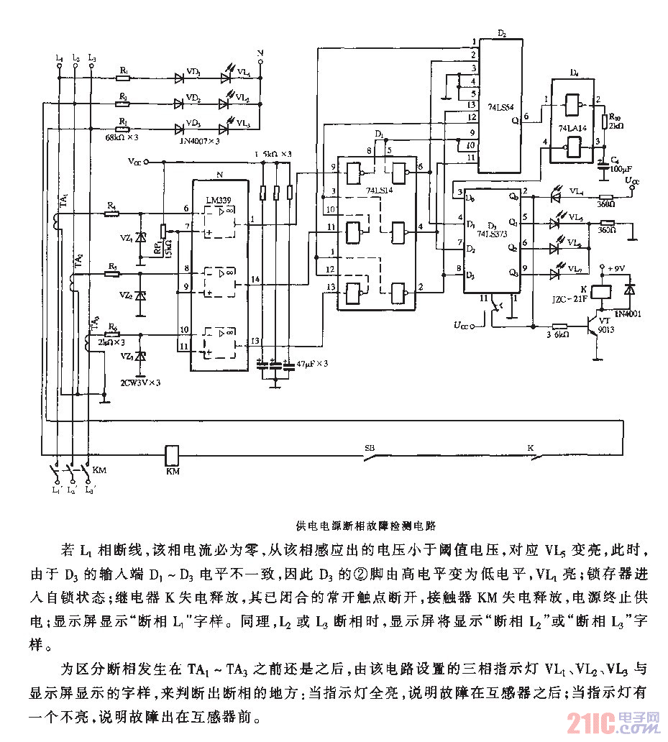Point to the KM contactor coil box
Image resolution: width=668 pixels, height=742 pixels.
[x=173, y=455]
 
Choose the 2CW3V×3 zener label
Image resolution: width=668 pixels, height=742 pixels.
[x=140, y=382]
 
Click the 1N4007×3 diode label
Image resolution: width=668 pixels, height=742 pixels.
[x=197, y=142]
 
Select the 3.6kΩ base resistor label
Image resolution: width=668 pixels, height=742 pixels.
[x=557, y=334]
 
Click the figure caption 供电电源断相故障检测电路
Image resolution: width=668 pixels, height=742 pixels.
[x=367, y=526]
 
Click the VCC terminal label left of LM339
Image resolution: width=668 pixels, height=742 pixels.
[x=134, y=162]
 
